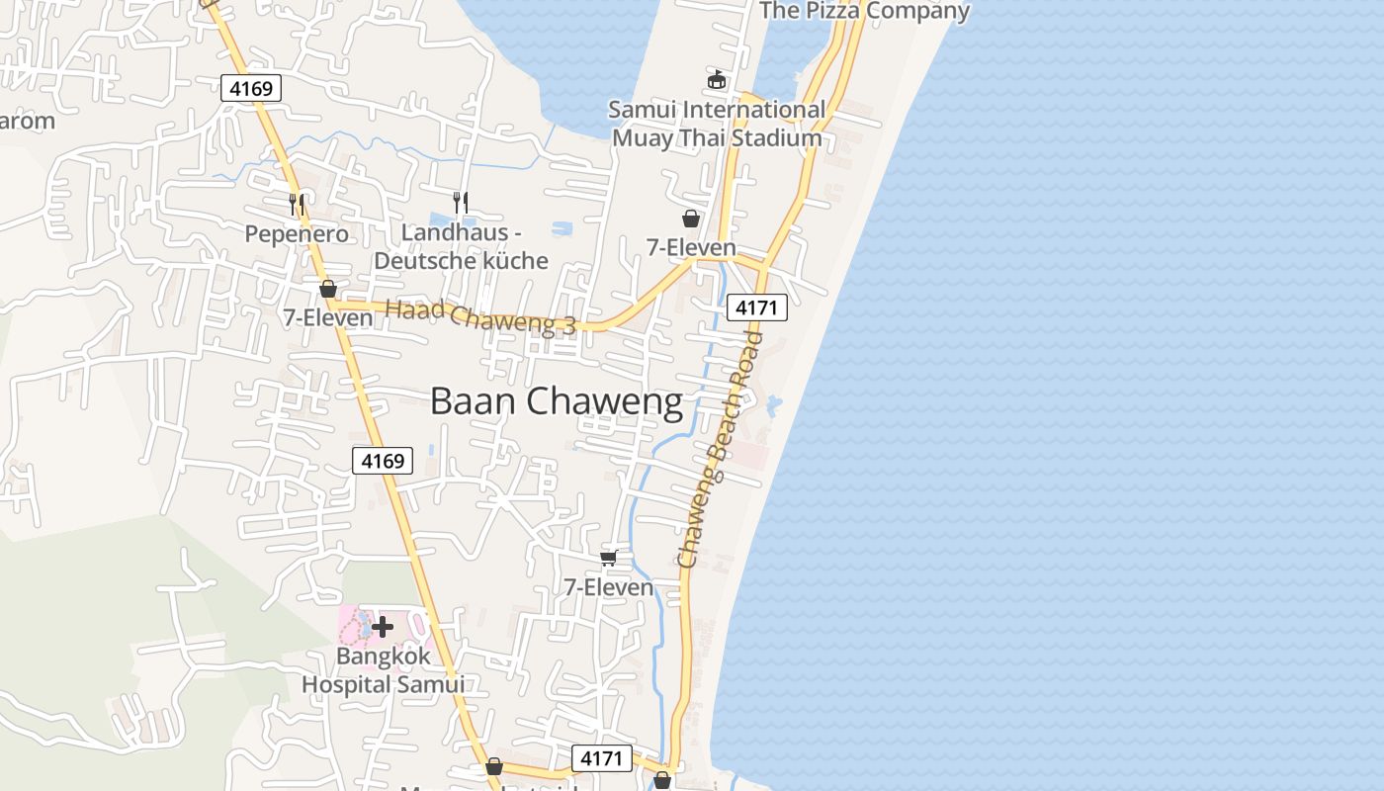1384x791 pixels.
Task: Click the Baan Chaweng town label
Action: pyautogui.click(x=557, y=401)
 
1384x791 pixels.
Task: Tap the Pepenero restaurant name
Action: pyautogui.click(x=297, y=234)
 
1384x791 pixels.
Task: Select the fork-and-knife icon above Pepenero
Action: pyautogui.click(x=296, y=205)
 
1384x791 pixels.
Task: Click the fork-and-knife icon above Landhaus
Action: pyautogui.click(x=460, y=203)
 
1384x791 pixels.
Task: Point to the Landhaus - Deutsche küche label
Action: pyautogui.click(x=461, y=247)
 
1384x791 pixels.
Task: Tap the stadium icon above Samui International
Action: pyautogui.click(x=717, y=79)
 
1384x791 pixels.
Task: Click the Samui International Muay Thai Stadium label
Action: pyautogui.click(x=717, y=124)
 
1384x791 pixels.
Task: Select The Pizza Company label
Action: pyautogui.click(x=864, y=11)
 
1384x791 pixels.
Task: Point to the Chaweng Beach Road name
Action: pyautogui.click(x=721, y=450)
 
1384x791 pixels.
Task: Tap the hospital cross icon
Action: pyautogui.click(x=383, y=626)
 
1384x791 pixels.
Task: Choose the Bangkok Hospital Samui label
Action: pyautogui.click(x=383, y=669)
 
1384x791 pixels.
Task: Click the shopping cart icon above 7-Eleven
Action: pyautogui.click(x=609, y=559)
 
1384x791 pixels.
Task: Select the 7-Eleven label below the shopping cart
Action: pyautogui.click(x=609, y=587)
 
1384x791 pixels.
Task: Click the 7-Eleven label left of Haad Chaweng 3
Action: pyautogui.click(x=328, y=317)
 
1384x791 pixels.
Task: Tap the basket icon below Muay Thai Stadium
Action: pyautogui.click(x=691, y=219)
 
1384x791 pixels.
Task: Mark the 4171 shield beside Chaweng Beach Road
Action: pyautogui.click(x=757, y=308)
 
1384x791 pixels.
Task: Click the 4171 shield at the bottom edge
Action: pyautogui.click(x=601, y=758)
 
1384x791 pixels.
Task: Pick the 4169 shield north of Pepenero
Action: pyautogui.click(x=251, y=88)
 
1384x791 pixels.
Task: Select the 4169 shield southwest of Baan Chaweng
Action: pyautogui.click(x=383, y=460)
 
